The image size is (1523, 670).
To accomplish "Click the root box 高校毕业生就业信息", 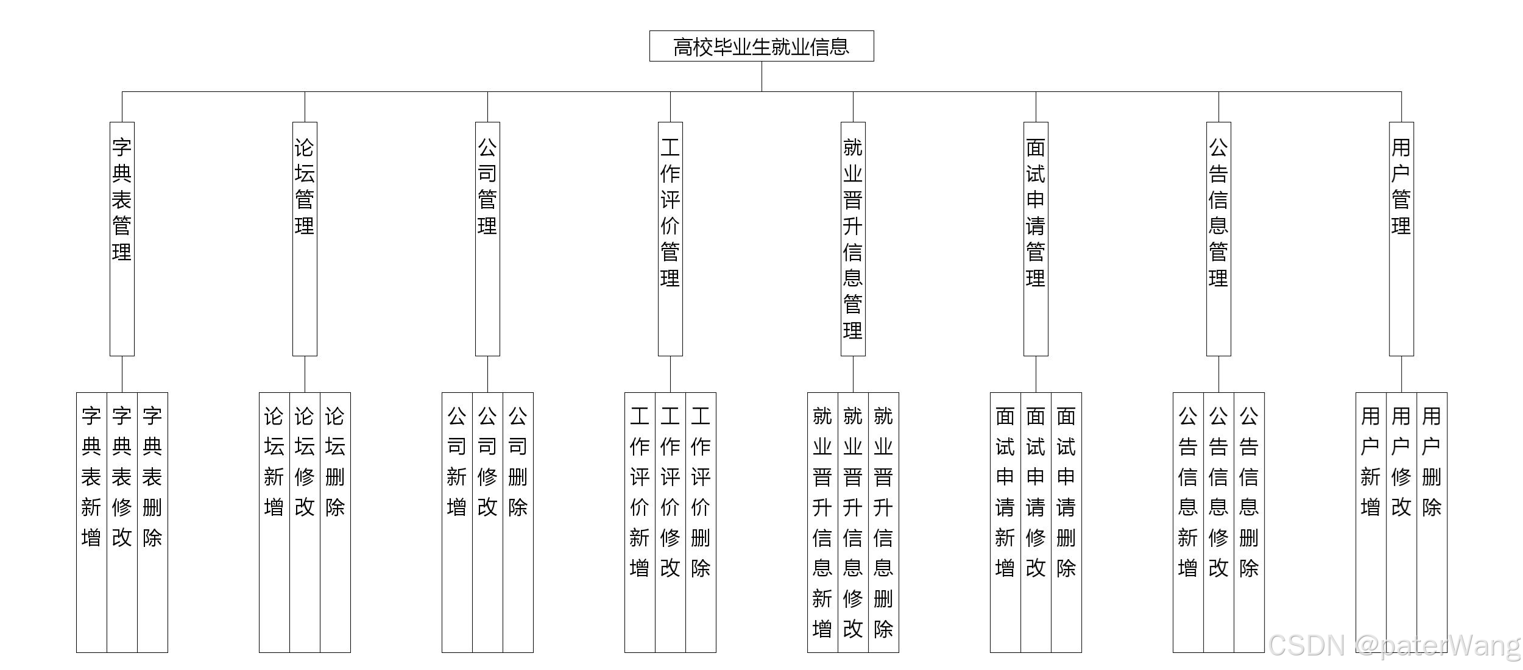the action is pyautogui.click(x=761, y=46).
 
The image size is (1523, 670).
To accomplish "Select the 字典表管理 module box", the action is pyautogui.click(x=122, y=238).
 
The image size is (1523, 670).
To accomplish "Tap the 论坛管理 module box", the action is pyautogui.click(x=305, y=238).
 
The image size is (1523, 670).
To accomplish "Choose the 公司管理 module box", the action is pyautogui.click(x=487, y=238).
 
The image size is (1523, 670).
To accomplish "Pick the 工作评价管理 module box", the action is pyautogui.click(x=670, y=238).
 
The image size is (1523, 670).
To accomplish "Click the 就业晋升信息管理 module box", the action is pyautogui.click(x=853, y=238).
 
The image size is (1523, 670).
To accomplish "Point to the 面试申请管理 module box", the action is pyautogui.click(x=1036, y=238).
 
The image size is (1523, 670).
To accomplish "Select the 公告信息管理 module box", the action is pyautogui.click(x=1218, y=238).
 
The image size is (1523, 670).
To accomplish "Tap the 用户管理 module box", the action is pyautogui.click(x=1401, y=238).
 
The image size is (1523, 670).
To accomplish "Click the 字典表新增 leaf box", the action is pyautogui.click(x=91, y=522).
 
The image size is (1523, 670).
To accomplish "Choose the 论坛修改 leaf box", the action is pyautogui.click(x=305, y=522).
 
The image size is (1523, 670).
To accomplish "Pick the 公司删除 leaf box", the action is pyautogui.click(x=518, y=522).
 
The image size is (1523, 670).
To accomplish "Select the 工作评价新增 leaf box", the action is pyautogui.click(x=640, y=522).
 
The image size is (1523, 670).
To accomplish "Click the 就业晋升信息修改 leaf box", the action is pyautogui.click(x=853, y=522).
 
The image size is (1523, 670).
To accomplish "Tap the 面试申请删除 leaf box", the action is pyautogui.click(x=1066, y=522).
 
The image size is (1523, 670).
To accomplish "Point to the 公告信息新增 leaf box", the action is pyautogui.click(x=1188, y=522).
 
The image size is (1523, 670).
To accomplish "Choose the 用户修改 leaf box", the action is pyautogui.click(x=1401, y=522).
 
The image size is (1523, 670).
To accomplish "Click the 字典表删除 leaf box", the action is pyautogui.click(x=152, y=522).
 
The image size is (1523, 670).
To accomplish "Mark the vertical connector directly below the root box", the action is pyautogui.click(x=761, y=77).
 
